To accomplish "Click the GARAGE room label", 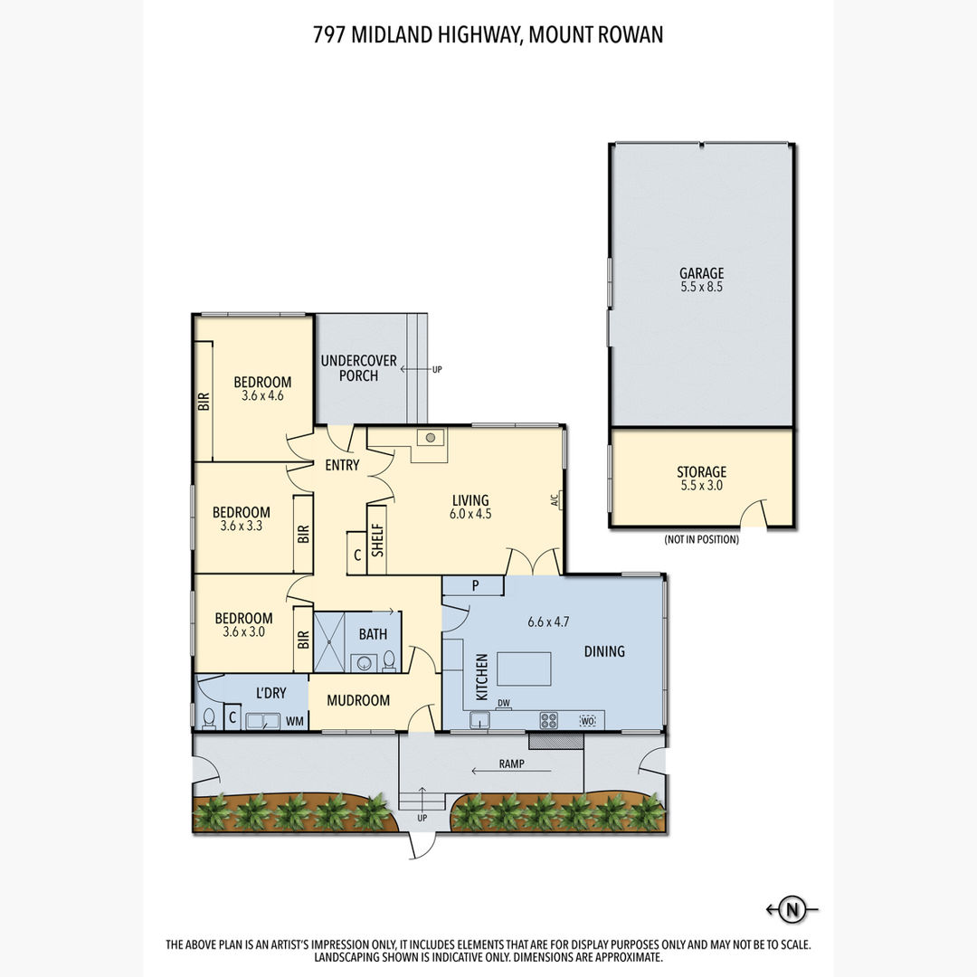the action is [x=702, y=273].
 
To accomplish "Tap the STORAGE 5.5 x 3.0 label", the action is [x=702, y=479].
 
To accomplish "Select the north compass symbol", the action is [x=792, y=909].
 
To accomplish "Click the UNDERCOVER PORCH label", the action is [x=358, y=368].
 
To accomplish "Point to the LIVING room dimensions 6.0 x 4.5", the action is [x=470, y=514].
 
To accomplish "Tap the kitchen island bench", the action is [x=524, y=669].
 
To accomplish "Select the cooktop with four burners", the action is [x=549, y=720].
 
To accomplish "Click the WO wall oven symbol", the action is [x=588, y=721].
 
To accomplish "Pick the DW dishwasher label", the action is [x=504, y=703].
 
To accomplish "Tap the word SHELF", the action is [x=377, y=539].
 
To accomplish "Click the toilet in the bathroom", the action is [x=389, y=660].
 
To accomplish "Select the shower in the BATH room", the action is [x=329, y=642].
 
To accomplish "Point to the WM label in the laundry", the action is [x=295, y=722].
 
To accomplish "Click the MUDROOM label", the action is [x=358, y=700].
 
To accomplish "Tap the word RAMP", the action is [x=511, y=764].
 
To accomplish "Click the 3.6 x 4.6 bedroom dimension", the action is [x=262, y=395].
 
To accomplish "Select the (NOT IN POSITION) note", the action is [x=702, y=539].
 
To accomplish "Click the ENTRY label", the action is [x=342, y=465].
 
